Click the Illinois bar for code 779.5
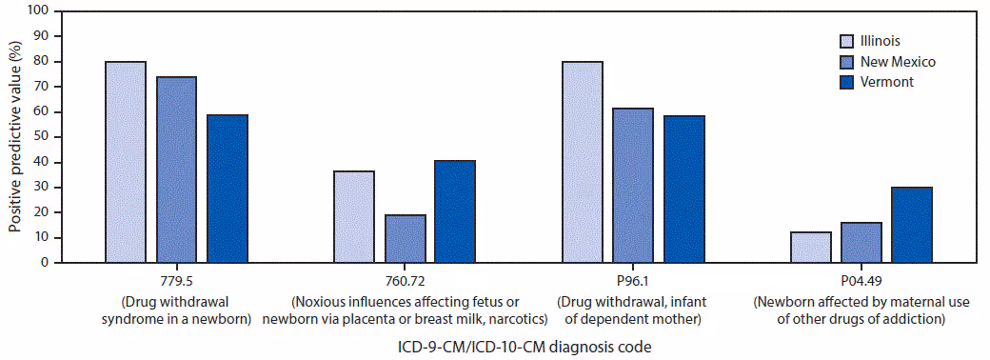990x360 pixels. (x=126, y=162)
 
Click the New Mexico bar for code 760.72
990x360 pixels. (x=405, y=238)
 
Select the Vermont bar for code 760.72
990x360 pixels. (x=455, y=211)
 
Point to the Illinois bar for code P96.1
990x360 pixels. (x=582, y=162)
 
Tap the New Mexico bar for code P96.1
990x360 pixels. (x=633, y=185)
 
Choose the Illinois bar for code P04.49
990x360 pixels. (x=810, y=247)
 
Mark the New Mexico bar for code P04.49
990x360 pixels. (x=861, y=242)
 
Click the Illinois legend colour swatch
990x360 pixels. (x=846, y=41)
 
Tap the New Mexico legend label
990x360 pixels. (x=898, y=62)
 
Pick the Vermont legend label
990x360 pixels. (x=886, y=83)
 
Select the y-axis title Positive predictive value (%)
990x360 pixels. (x=14, y=136)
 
